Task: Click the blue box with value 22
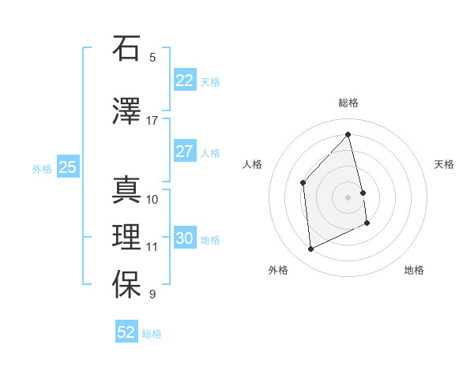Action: click(x=184, y=81)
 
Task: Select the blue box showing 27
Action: click(x=184, y=152)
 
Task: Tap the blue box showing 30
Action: click(x=184, y=238)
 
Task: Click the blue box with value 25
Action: click(x=67, y=167)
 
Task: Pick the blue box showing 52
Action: click(x=126, y=332)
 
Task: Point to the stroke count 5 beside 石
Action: click(x=152, y=57)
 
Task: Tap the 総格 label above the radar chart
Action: click(x=348, y=103)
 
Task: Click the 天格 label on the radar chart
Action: click(x=444, y=164)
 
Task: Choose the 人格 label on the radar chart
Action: click(x=252, y=164)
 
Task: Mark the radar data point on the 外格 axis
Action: click(x=310, y=249)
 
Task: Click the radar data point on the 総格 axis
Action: click(x=348, y=135)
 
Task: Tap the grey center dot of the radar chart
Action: click(x=348, y=197)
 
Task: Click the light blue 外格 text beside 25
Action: click(x=42, y=168)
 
